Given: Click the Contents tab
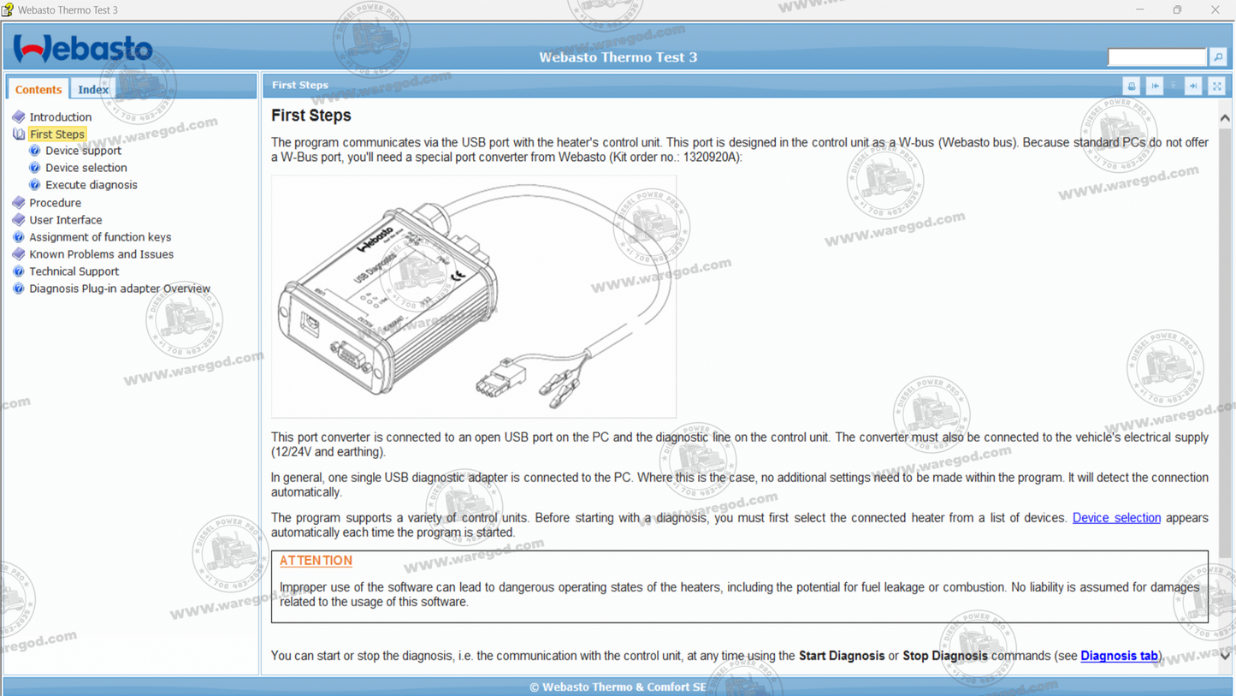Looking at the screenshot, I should tap(38, 89).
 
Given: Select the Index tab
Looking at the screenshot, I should tap(92, 89).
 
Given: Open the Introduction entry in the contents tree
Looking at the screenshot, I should tap(60, 117).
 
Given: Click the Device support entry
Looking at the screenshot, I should tap(83, 151).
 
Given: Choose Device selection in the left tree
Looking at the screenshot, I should tap(86, 168).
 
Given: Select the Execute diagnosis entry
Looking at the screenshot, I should tap(91, 185).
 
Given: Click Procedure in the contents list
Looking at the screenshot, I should tap(55, 203).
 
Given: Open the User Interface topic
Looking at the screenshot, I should tap(65, 220).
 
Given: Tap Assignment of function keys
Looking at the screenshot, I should tap(100, 237).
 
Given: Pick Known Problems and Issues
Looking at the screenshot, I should tap(101, 254).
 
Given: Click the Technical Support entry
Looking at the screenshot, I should tap(74, 271).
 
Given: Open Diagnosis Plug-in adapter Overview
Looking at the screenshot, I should tap(120, 289).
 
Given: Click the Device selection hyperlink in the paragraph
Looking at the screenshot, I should tap(1116, 518).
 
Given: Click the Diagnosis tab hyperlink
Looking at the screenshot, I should tap(1119, 656).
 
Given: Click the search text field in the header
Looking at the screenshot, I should tap(1156, 57).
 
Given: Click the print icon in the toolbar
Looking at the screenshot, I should tap(1131, 86).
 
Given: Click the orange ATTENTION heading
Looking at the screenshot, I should tap(316, 561).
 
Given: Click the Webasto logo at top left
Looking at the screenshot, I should tap(83, 49).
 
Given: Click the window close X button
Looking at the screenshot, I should tap(1215, 10).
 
